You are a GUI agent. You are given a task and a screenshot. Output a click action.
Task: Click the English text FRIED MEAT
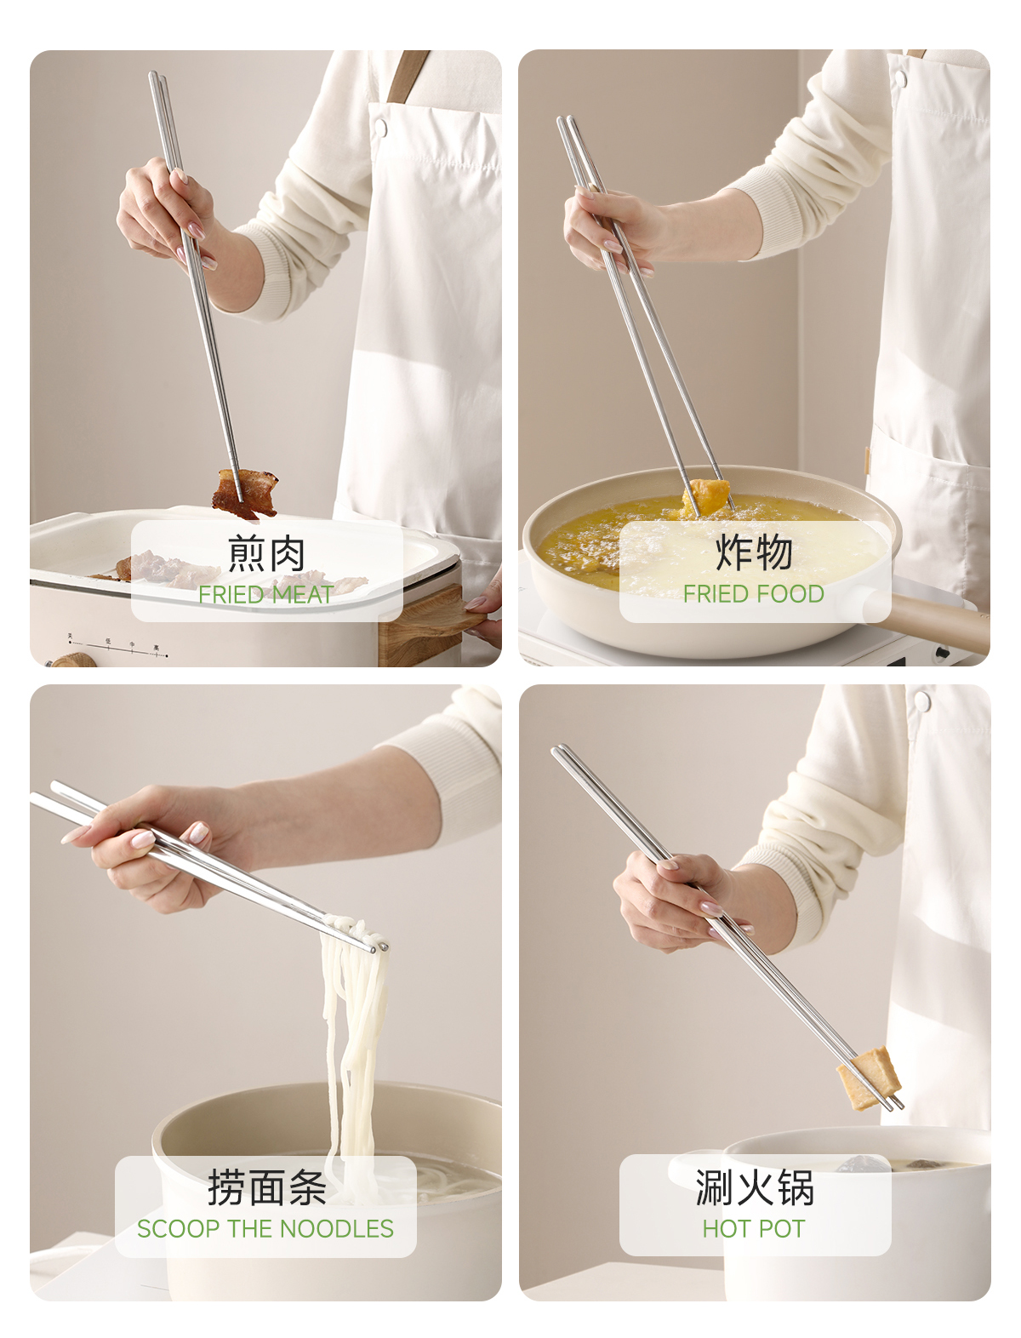click(x=266, y=594)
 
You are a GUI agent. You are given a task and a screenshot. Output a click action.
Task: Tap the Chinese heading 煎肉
click(x=266, y=553)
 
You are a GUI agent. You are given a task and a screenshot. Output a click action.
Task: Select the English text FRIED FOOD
click(x=754, y=594)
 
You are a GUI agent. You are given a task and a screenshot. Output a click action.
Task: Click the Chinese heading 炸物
click(x=754, y=552)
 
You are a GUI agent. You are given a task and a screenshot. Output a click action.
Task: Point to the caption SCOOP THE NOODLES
click(x=265, y=1228)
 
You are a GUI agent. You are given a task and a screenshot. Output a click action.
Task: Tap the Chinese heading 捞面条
click(x=267, y=1187)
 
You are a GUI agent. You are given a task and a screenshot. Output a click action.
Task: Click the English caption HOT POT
click(x=754, y=1228)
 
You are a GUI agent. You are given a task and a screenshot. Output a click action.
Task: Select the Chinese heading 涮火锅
click(x=755, y=1186)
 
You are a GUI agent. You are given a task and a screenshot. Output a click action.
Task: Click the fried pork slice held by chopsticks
click(x=245, y=493)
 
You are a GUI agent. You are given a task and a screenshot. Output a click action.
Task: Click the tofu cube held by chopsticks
click(x=870, y=1078)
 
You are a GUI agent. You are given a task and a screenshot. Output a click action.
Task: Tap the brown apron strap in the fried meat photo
click(x=408, y=76)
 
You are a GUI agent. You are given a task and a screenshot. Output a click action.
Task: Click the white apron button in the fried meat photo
click(x=380, y=128)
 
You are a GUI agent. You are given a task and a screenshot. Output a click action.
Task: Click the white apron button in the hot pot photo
click(x=922, y=701)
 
